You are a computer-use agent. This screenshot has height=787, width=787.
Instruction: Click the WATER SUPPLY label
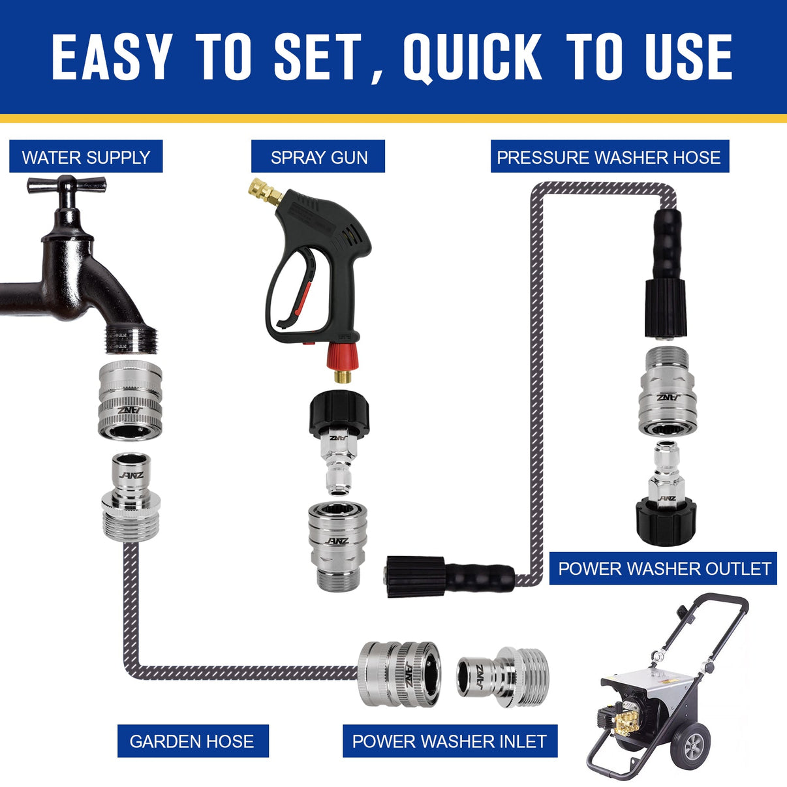tap(85, 157)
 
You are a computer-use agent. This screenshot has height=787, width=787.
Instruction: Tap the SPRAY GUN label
tap(318, 157)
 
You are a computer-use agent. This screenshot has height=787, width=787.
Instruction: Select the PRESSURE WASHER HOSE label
tap(609, 157)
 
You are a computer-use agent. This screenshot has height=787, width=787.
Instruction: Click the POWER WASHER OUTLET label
tap(664, 568)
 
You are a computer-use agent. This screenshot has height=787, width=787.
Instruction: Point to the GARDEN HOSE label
tap(192, 741)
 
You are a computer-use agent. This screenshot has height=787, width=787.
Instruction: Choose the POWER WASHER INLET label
tap(450, 741)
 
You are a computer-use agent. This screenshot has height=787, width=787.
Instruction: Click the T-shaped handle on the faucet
tap(66, 185)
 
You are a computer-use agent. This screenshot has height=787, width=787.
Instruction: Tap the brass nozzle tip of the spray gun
tap(264, 191)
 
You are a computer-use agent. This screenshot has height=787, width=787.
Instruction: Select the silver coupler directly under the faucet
tap(130, 400)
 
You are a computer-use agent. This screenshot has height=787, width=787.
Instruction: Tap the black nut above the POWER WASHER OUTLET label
tap(666, 521)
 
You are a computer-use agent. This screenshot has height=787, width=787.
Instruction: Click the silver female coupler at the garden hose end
tap(398, 673)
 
